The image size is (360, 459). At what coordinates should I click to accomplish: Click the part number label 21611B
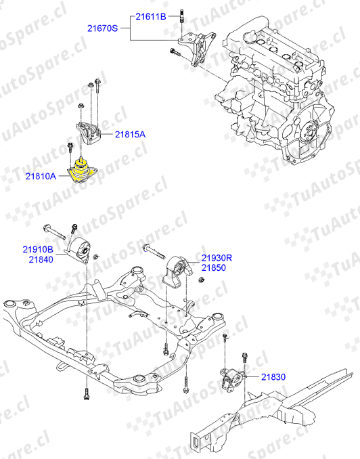151,17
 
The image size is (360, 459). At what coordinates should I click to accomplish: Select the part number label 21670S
102,28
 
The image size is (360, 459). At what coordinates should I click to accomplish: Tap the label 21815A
130,134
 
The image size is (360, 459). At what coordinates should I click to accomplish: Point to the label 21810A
41,176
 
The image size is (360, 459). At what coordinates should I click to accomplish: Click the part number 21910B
38,249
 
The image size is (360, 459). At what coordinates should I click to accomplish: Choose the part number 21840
41,259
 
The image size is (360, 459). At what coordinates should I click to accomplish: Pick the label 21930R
217,258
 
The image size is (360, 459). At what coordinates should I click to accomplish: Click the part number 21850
214,267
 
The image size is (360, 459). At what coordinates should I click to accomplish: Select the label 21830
273,376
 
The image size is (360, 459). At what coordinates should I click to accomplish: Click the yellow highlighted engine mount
82,171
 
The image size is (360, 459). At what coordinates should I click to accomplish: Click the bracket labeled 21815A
88,133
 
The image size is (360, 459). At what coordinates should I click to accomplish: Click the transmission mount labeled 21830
233,380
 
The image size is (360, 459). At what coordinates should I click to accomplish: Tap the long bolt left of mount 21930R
154,252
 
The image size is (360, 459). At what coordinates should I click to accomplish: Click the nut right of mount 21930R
201,280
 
